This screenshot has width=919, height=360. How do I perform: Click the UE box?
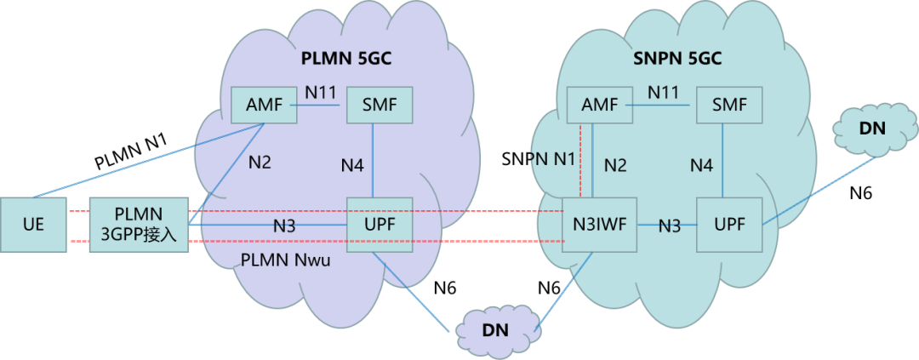[33, 226]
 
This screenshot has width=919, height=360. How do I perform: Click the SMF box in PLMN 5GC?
[380, 106]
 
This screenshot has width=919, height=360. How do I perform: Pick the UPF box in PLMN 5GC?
[380, 226]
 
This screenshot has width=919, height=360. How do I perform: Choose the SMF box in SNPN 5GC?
[729, 106]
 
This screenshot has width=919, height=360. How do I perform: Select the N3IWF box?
[600, 226]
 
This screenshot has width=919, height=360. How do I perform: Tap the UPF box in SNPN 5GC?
[729, 226]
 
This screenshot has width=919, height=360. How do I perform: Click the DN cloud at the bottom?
[498, 329]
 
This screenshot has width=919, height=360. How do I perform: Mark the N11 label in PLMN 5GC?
[321, 91]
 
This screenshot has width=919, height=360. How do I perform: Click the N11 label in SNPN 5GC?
[665, 91]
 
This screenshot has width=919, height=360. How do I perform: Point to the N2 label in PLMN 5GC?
[260, 162]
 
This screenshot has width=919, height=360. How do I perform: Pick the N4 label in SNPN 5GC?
[701, 165]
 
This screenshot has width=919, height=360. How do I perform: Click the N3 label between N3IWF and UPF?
[670, 226]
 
